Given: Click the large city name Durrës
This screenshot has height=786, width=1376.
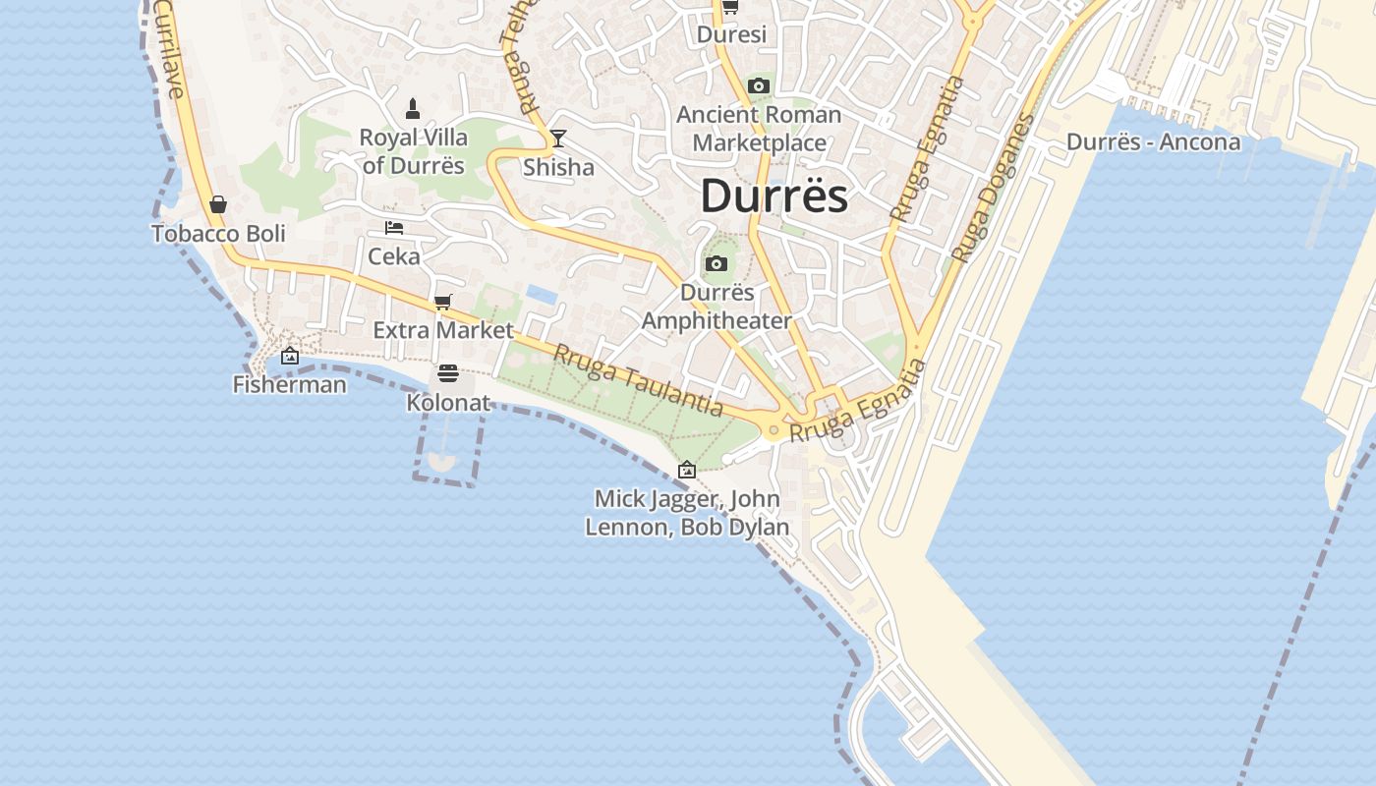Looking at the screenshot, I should (774, 196).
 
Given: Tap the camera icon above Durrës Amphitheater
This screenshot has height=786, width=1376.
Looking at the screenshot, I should (717, 263).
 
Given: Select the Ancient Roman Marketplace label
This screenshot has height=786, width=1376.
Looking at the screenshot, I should (759, 129).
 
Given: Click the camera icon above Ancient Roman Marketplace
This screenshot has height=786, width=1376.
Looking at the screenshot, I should (758, 86).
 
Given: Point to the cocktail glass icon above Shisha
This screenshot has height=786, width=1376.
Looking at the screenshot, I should (558, 139).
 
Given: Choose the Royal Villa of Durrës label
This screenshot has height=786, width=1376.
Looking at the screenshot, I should (413, 150).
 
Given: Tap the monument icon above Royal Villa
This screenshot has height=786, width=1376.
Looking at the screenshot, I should (414, 106).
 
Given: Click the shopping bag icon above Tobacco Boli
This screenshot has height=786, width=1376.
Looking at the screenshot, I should (218, 204).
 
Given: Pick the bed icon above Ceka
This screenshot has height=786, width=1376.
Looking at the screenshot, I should (394, 228).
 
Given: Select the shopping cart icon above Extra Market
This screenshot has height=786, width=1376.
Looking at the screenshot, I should (443, 302).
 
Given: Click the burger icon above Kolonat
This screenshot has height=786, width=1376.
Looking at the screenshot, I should (448, 373).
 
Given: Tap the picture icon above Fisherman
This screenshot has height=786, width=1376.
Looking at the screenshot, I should (290, 356).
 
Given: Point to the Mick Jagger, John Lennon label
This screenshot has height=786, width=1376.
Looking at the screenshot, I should (687, 512).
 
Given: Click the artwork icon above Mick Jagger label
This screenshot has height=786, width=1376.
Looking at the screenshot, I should (687, 470).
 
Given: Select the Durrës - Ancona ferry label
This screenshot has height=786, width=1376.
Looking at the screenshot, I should (1154, 141).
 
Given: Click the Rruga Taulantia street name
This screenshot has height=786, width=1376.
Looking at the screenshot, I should (638, 381).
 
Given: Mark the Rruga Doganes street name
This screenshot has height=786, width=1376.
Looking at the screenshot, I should (993, 189).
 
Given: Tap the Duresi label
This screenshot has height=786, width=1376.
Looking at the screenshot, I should (731, 34).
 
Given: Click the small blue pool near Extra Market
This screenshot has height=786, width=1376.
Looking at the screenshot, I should (540, 293).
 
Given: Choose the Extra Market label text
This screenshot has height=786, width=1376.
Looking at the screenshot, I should (443, 330).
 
